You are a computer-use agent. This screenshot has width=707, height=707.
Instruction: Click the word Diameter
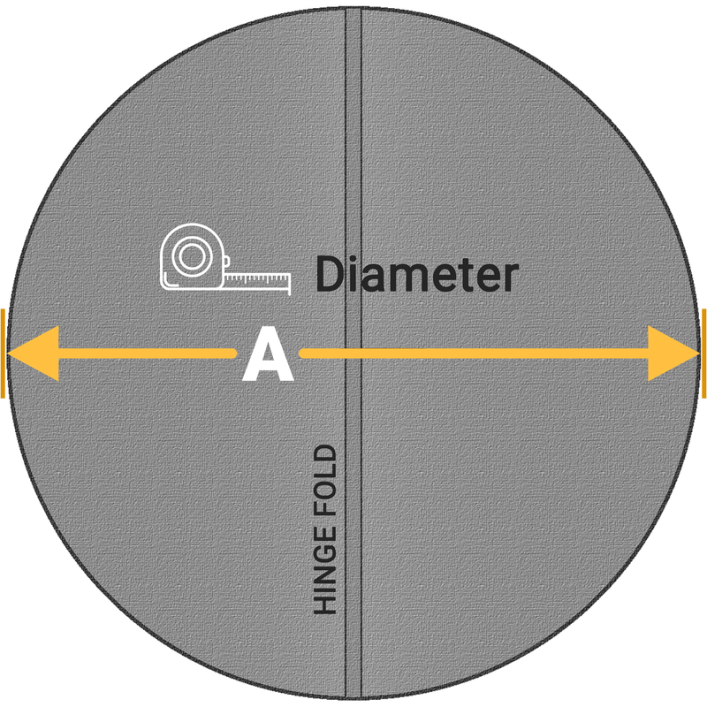[416, 274]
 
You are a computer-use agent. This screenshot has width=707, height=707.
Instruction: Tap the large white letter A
[268, 354]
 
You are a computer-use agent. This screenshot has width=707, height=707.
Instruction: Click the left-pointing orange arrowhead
[34, 353]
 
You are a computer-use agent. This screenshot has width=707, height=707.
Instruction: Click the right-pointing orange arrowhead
[673, 353]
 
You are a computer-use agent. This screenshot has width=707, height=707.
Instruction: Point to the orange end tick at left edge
[3, 353]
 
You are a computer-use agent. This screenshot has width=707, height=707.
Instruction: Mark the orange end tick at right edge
[703, 353]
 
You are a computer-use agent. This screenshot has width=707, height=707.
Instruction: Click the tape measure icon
[225, 259]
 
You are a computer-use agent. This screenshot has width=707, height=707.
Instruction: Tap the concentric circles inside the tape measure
[193, 256]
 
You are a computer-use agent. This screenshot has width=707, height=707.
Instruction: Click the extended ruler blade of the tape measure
[257, 279]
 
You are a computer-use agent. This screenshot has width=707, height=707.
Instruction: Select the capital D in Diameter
[329, 274]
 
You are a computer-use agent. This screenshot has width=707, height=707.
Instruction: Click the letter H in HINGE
[325, 604]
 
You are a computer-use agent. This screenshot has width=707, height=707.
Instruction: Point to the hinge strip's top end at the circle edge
[353, 8]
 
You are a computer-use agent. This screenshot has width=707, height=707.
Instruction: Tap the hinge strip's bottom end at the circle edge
[353, 698]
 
